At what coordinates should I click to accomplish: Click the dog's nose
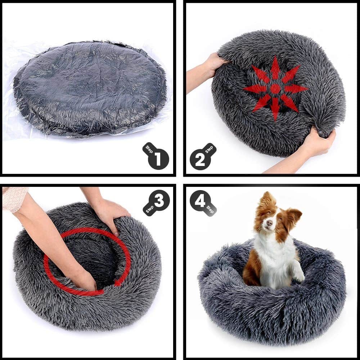(269, 223)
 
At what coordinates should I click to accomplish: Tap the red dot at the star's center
(275, 89)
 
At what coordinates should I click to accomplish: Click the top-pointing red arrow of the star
(275, 69)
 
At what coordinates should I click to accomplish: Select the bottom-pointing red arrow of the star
(275, 108)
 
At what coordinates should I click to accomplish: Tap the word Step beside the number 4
(210, 210)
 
